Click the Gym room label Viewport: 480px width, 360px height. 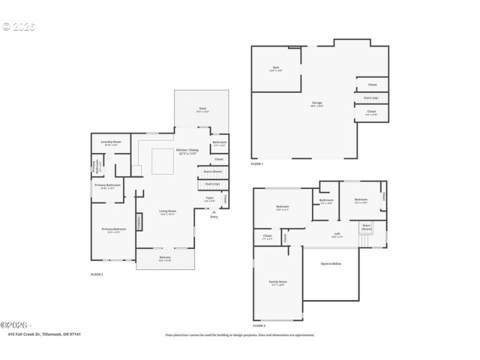[x=277, y=68]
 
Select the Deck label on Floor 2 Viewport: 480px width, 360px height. [x=203, y=109]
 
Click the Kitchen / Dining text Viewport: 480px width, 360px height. [x=187, y=151]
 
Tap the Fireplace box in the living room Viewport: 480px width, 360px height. [x=139, y=222]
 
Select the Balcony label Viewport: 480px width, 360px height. [x=164, y=259]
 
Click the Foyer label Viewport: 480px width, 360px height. [x=210, y=197]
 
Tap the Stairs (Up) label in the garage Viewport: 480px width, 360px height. [x=371, y=97]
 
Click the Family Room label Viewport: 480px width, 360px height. [x=278, y=283]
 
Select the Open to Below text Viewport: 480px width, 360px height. [x=331, y=263]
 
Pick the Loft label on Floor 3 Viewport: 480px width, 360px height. [x=337, y=235]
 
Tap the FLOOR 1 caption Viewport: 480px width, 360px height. [x=257, y=164]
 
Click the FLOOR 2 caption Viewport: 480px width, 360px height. [x=97, y=274]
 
